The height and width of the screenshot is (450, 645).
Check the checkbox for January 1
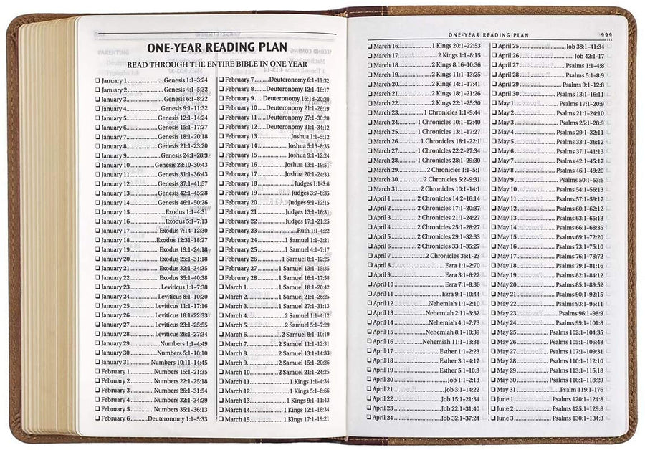coord(97,80)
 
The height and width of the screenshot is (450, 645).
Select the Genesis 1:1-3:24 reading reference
coord(186,80)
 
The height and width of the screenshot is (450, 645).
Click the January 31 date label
coord(115,362)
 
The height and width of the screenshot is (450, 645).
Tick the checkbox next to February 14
coord(221,145)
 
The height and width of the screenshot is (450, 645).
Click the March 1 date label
coord(236,287)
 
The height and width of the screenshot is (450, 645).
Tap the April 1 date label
coord(382,198)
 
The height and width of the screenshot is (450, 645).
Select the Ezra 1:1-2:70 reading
coord(462,265)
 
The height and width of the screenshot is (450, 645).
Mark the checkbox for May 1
coord(494,103)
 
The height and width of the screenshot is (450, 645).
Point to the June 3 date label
coord(506,418)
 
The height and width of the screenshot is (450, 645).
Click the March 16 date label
coord(386,46)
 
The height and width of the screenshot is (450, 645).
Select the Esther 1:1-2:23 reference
coord(459,351)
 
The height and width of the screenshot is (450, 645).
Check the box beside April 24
coord(370,418)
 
